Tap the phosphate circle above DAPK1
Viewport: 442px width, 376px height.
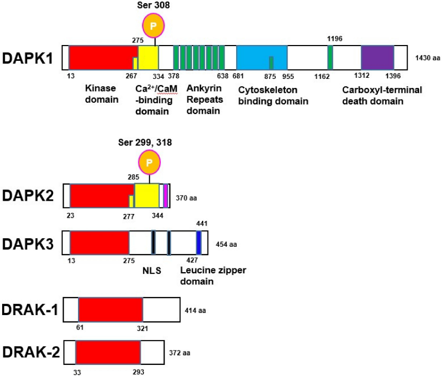tap(153, 25)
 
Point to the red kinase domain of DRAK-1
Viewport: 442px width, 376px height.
tap(110, 309)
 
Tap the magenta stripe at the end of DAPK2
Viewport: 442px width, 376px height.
tap(166, 195)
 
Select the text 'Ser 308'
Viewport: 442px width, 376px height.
tap(153, 5)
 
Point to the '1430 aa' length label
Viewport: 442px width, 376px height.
tap(428, 56)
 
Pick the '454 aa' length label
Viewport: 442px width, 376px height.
tap(227, 244)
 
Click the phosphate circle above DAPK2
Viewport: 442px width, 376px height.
tap(149, 162)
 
